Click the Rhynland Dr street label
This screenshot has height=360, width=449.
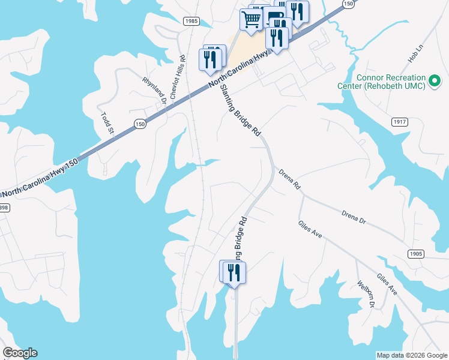[x=154, y=91]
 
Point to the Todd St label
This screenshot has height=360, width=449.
[x=107, y=122]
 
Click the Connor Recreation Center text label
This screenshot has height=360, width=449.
[x=390, y=82]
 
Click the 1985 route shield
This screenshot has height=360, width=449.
[x=191, y=21]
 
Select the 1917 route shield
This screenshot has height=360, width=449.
[x=400, y=122]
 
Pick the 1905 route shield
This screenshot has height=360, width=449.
[x=415, y=254]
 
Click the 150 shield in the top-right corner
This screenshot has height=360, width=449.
[x=348, y=4]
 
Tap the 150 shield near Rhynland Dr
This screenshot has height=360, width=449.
[x=139, y=124]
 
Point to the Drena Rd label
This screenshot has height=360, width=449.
[x=289, y=179]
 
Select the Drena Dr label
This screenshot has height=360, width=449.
[x=354, y=218]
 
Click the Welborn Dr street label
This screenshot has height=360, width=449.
[x=366, y=295]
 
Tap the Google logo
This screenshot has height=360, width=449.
[x=20, y=353]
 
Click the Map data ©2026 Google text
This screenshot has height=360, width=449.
[x=412, y=355]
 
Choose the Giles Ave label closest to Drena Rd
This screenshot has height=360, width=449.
[x=310, y=229]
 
